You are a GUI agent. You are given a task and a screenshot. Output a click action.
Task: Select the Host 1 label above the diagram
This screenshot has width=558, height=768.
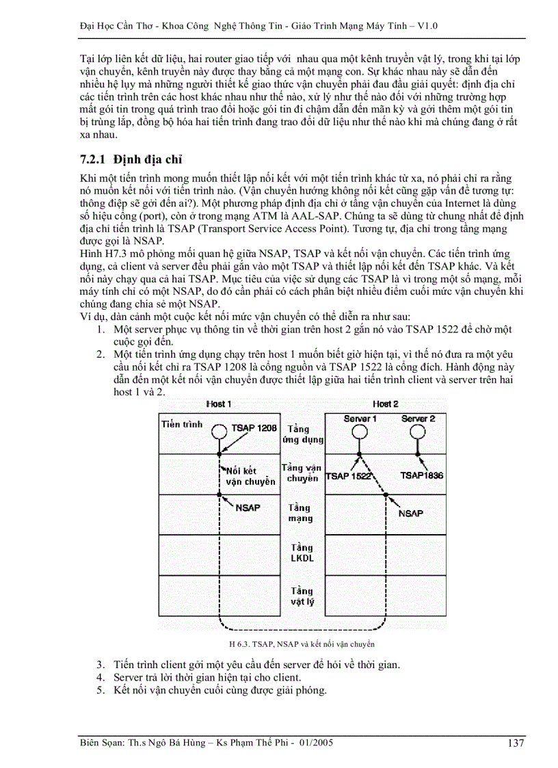pos(219,404)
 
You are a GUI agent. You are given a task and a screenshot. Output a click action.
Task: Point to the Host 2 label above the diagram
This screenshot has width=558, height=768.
pos(385,404)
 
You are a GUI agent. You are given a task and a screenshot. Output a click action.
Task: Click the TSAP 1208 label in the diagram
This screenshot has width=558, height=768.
pos(254,427)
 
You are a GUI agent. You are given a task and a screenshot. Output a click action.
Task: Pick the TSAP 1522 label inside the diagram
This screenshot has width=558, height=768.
pos(348,475)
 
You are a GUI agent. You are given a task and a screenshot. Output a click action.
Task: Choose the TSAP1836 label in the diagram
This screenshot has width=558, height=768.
pos(422,475)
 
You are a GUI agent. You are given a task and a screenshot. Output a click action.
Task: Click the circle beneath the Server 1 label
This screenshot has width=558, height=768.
pos(360,432)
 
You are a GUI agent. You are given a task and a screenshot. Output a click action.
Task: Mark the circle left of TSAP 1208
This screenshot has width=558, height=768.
pos(218,432)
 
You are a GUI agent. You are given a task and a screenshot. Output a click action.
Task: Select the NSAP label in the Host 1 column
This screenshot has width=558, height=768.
pos(248,509)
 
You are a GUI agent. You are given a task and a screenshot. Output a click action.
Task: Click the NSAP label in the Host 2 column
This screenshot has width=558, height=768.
pos(410,513)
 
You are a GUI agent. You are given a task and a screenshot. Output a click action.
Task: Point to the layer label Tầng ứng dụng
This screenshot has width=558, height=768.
pos(302,434)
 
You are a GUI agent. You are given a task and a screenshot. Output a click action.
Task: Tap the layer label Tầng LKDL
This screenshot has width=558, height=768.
pos(302,553)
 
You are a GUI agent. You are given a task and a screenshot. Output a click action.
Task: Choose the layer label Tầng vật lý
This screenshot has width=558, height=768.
pos(302,596)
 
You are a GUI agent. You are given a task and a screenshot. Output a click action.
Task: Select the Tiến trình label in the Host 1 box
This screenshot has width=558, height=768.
pos(182,424)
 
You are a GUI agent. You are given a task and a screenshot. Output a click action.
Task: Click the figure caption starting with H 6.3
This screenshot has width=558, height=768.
pos(302,644)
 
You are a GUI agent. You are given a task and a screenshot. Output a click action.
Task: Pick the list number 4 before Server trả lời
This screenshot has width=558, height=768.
pos(100,677)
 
